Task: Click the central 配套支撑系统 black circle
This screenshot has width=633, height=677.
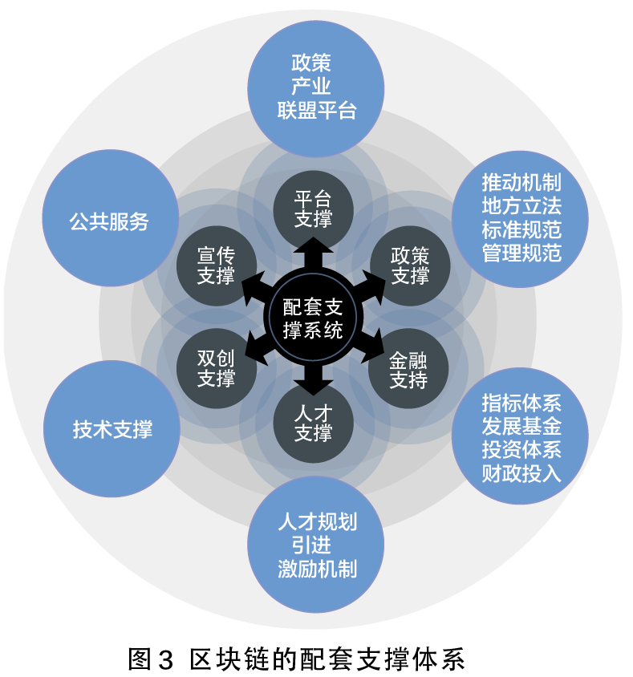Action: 313,318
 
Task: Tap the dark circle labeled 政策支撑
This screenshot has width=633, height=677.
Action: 409,265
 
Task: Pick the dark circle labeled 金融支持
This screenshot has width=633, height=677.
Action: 408,369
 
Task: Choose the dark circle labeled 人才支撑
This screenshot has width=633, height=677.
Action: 313,425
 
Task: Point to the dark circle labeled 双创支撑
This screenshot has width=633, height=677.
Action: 216,369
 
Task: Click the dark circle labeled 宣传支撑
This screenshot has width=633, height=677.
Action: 216,266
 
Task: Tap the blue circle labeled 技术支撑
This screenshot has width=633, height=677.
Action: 112,429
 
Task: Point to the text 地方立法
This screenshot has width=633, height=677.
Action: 521,205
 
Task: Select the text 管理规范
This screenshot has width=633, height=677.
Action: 521,253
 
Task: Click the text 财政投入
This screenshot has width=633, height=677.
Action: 521,473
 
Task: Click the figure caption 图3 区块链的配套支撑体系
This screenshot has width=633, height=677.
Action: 297,659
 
